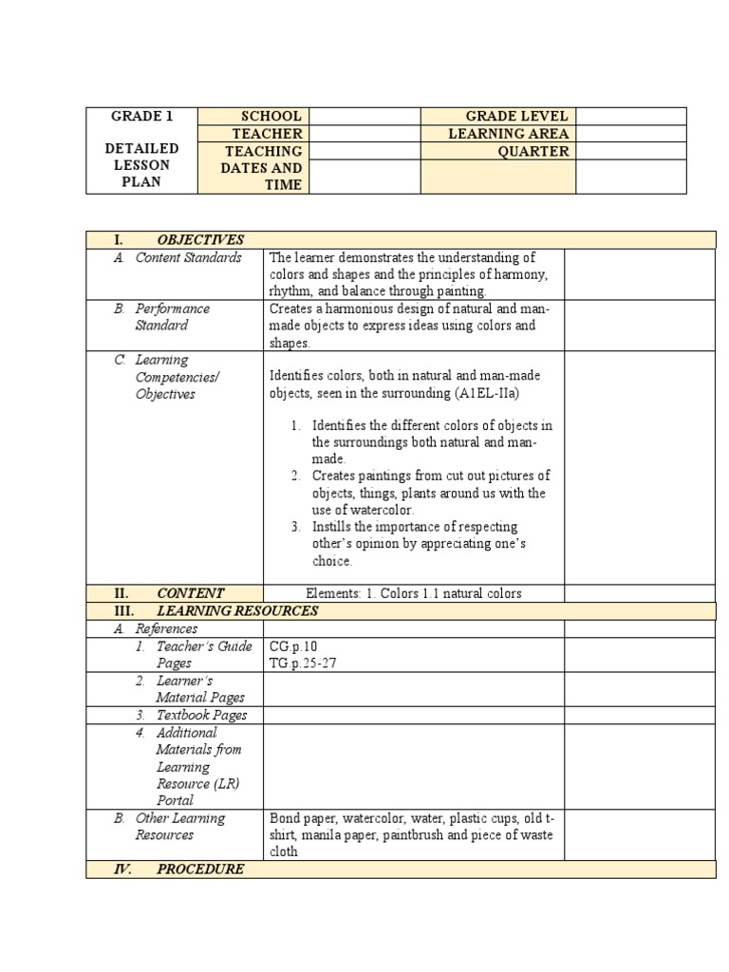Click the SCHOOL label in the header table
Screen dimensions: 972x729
tap(271, 116)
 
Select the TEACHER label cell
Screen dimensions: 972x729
tap(267, 134)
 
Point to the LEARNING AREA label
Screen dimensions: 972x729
tap(508, 134)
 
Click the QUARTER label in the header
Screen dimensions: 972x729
tap(533, 151)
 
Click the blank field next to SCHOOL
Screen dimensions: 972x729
tap(364, 116)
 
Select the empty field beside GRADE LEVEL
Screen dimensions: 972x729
tap(630, 116)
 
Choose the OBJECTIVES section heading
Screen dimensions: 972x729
tap(200, 240)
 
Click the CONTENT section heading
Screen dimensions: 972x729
tap(191, 593)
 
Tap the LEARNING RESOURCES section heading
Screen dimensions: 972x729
tap(237, 610)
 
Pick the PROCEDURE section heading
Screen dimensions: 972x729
tap(200, 869)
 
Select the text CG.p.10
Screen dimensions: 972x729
tap(293, 646)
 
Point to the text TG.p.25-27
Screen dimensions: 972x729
tap(303, 664)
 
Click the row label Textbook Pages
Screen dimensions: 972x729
tap(201, 715)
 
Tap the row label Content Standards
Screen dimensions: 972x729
tap(188, 258)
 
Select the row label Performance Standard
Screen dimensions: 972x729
tap(172, 317)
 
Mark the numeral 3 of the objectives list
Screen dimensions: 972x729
tap(296, 527)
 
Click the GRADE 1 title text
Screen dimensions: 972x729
tap(141, 117)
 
